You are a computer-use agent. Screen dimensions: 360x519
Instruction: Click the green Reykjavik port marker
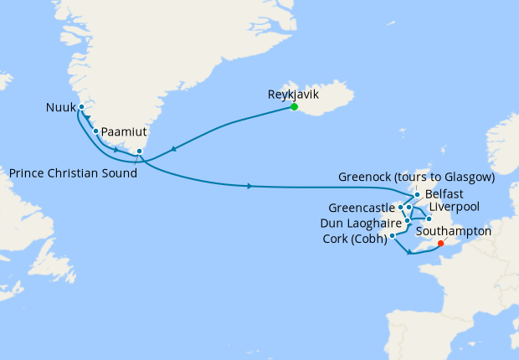(x=295, y=106)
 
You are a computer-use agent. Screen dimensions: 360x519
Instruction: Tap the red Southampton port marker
(x=441, y=245)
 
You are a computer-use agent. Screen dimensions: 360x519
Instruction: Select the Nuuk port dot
(x=82, y=107)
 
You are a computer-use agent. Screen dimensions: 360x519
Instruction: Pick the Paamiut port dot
(x=96, y=131)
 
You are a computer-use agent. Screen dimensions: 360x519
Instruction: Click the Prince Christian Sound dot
(x=139, y=152)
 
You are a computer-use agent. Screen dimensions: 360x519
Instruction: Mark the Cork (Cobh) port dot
(x=393, y=235)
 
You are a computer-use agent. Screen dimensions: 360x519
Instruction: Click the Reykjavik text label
(x=294, y=94)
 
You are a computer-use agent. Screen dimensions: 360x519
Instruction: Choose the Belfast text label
(x=444, y=193)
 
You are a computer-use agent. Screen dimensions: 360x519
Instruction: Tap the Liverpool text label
(x=453, y=206)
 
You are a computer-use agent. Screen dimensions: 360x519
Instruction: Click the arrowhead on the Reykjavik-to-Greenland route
(x=172, y=149)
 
